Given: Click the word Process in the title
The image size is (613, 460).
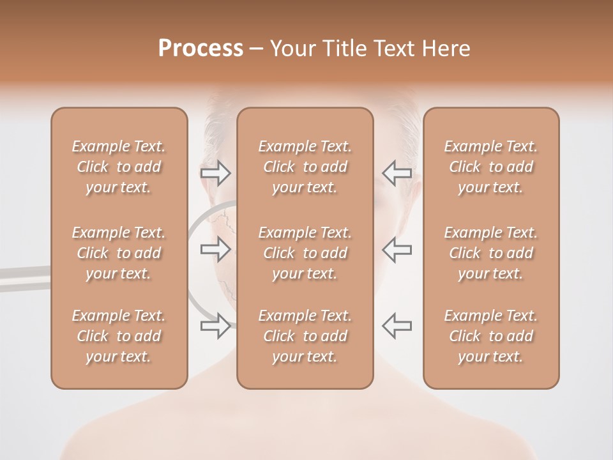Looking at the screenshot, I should pyautogui.click(x=201, y=49).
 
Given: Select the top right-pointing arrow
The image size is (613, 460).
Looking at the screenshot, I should pyautogui.click(x=216, y=173).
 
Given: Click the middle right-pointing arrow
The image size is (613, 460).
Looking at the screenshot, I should pyautogui.click(x=216, y=249).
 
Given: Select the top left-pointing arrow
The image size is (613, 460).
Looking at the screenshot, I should pyautogui.click(x=397, y=173).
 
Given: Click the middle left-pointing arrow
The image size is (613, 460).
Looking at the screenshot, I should pyautogui.click(x=397, y=249).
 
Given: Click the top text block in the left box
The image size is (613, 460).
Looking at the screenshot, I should pyautogui.click(x=119, y=167).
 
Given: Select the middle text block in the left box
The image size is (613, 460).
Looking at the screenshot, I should pyautogui.click(x=119, y=253).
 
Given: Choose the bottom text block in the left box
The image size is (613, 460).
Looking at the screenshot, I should pyautogui.click(x=119, y=336).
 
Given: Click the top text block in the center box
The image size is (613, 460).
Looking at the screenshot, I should pyautogui.click(x=305, y=167).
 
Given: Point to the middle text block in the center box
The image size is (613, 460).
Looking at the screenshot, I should pyautogui.click(x=305, y=253).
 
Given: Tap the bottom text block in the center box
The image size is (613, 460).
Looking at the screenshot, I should pyautogui.click(x=305, y=336).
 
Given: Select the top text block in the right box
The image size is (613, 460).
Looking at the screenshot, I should pyautogui.click(x=491, y=167).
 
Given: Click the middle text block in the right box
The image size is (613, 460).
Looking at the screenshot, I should pyautogui.click(x=491, y=253).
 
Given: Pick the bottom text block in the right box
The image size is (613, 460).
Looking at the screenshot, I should pyautogui.click(x=491, y=336).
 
